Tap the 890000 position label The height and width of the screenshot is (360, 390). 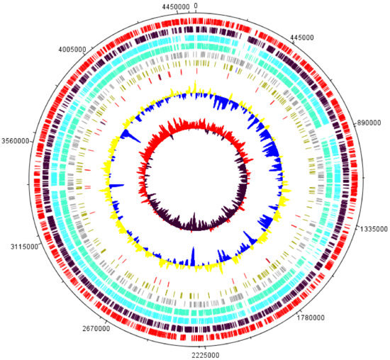tap(371, 123)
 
